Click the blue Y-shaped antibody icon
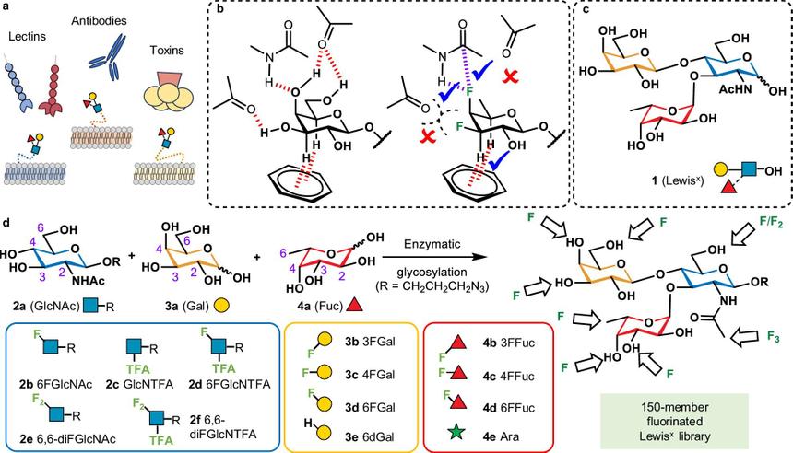pyautogui.click(x=102, y=55)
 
